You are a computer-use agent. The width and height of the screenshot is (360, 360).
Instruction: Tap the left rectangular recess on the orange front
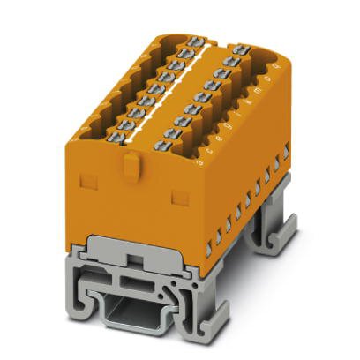coord(87,182)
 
